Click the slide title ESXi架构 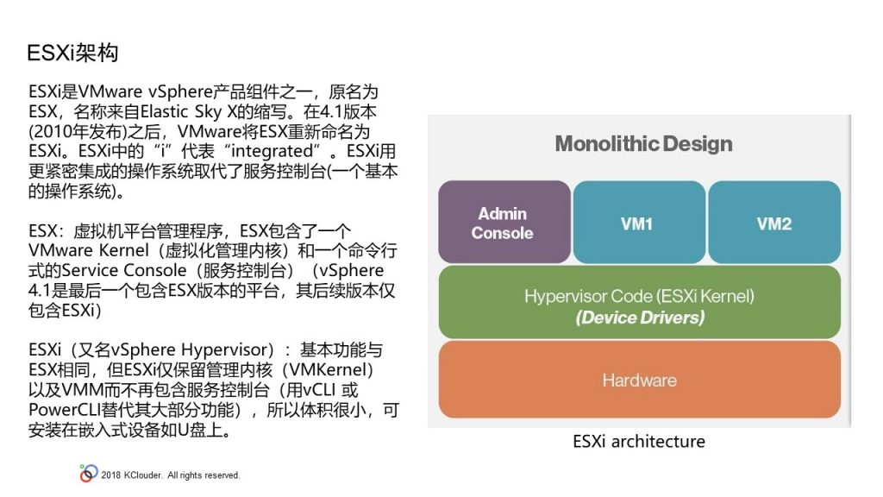click(72, 53)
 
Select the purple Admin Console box click(504, 222)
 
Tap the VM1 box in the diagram click(639, 222)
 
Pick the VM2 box click(774, 222)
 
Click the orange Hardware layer click(639, 380)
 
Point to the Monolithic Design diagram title click(643, 144)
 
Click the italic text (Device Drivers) click(640, 318)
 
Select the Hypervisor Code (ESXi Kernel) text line click(639, 297)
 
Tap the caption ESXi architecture click(639, 441)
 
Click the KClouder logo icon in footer click(89, 474)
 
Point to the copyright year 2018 click(111, 475)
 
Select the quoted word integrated click(272, 151)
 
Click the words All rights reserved click(204, 475)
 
